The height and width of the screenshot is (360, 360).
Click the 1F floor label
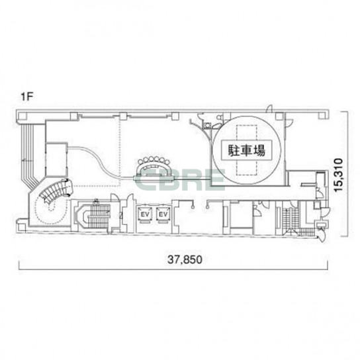tap(27, 97)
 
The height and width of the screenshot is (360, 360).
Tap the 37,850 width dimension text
tap(185, 259)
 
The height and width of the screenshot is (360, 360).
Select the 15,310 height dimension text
tap(338, 174)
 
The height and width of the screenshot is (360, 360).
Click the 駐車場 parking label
tap(246, 150)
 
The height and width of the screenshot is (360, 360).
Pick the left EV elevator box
tap(145, 214)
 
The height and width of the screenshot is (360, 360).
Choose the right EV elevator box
tap(163, 214)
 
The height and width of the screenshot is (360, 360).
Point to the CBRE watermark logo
tap(180, 179)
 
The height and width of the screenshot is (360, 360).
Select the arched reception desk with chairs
tap(154, 167)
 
